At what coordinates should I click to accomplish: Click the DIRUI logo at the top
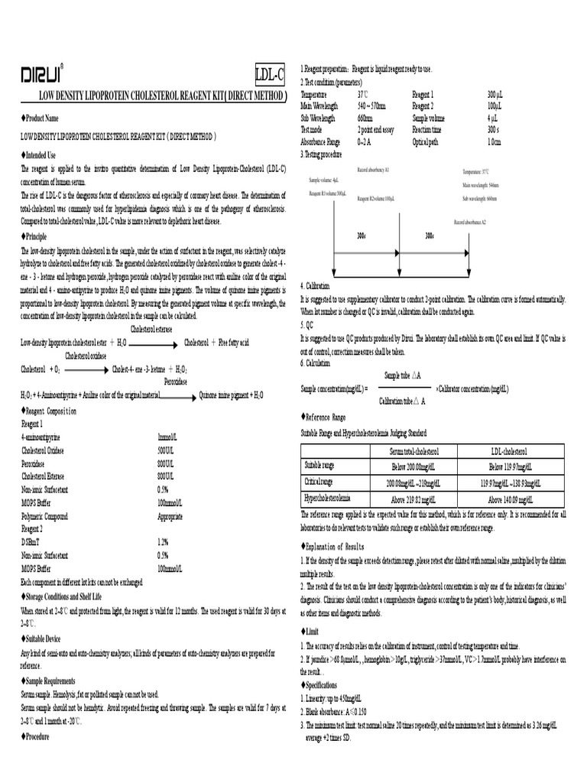click(41, 73)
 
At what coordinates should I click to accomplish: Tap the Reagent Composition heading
click(50, 411)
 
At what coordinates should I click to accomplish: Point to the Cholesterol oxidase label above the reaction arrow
click(86, 356)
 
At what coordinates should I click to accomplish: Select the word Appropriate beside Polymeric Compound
click(170, 517)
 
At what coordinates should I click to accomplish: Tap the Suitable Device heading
click(45, 636)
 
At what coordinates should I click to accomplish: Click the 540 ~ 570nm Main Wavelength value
click(371, 106)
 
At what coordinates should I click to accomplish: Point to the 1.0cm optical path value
click(494, 143)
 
